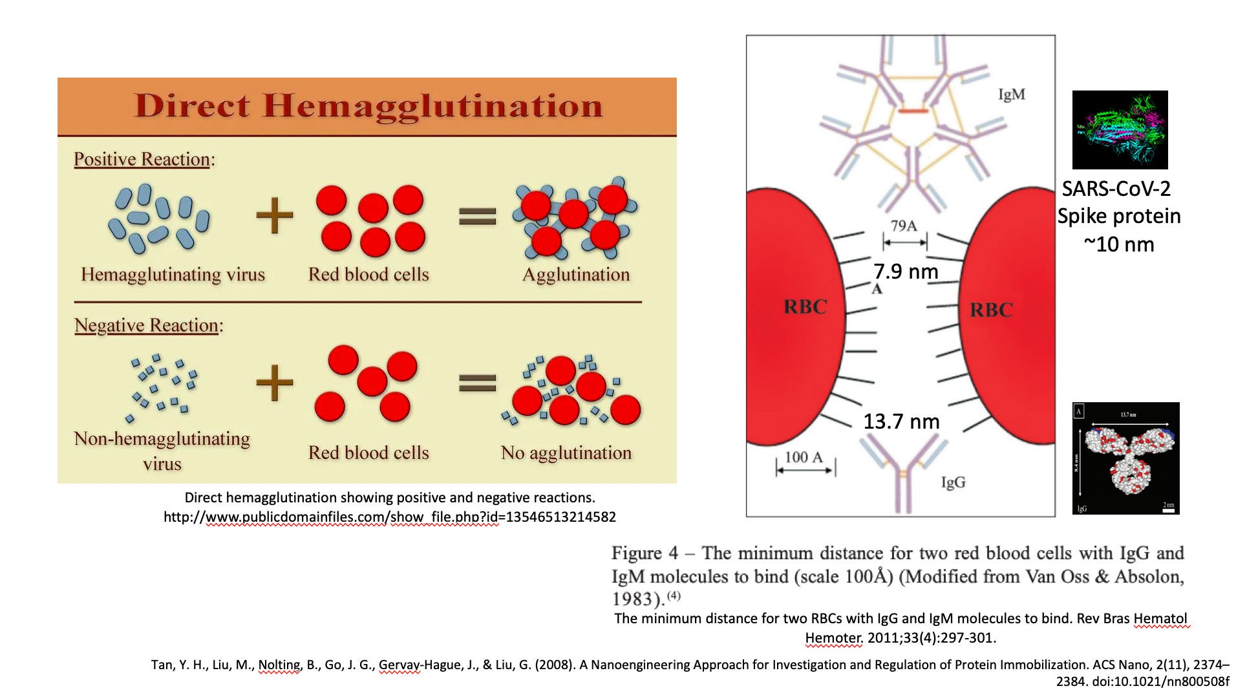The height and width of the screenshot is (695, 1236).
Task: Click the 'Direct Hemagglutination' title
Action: pos(367,105)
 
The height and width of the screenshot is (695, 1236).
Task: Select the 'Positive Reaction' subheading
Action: pos(142,159)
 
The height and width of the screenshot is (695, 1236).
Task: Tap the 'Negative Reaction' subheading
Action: pos(147,325)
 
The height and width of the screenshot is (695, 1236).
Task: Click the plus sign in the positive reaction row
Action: pos(275,215)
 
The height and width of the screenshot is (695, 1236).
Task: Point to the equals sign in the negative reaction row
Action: pos(477,383)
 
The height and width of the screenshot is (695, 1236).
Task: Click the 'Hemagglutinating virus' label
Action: pos(173,274)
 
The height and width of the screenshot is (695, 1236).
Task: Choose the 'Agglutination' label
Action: pos(575,274)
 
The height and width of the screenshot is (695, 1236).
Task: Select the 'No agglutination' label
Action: pos(566,453)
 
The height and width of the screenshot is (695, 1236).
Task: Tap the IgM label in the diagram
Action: pos(1011,94)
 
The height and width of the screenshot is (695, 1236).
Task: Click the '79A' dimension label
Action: pos(903,226)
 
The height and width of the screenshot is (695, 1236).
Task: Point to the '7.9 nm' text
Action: pos(905,271)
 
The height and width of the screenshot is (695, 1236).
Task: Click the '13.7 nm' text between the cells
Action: pos(901,422)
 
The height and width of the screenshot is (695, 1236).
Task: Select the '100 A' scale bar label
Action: pos(804,457)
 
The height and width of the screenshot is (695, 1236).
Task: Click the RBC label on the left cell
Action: pos(805,306)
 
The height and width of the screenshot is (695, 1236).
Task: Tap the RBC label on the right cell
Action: pos(991,310)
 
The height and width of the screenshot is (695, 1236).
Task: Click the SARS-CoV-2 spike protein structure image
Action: pos(1120,130)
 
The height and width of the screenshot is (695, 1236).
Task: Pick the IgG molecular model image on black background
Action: pos(1125,458)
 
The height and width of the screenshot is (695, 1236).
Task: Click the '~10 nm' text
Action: pos(1118,244)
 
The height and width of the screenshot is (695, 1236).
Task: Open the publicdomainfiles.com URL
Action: pos(389,517)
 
